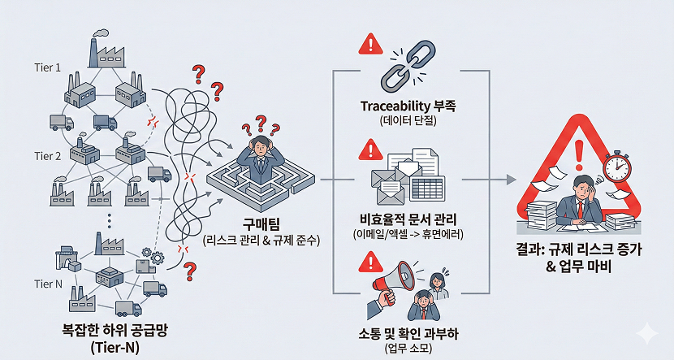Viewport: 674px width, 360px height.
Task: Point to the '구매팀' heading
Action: (261, 223)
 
